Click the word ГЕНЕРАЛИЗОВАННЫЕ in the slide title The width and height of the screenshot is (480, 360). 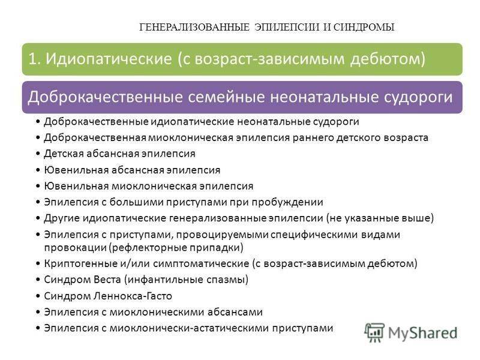[x=194, y=27]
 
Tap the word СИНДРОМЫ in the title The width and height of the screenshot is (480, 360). [x=364, y=27]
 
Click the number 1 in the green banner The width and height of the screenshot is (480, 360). [x=34, y=59]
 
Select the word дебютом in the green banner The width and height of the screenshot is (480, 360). [x=388, y=59]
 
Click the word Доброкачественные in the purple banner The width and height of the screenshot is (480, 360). [x=104, y=97]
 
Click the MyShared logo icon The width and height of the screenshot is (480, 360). [x=374, y=332]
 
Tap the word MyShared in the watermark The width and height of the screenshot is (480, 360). [x=423, y=333]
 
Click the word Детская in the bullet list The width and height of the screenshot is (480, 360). [x=64, y=154]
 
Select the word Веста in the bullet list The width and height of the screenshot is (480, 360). [x=107, y=280]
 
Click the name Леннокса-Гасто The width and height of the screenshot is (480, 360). [x=133, y=296]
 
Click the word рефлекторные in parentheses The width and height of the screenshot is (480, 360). [x=148, y=247]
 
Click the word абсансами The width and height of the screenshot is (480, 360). [x=235, y=312]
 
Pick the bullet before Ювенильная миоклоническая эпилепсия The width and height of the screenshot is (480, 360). [x=38, y=187]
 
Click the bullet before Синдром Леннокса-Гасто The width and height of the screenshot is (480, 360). [x=38, y=296]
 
